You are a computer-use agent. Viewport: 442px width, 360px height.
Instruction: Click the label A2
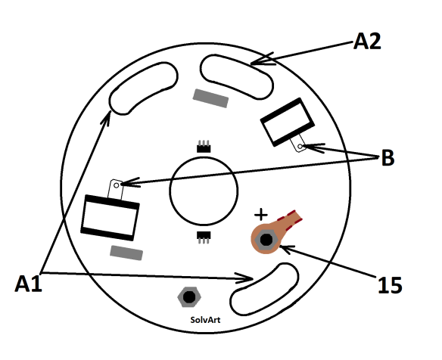coord(367,42)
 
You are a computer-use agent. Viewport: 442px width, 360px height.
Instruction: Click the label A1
coord(29,284)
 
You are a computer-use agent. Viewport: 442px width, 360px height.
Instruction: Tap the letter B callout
coord(388,157)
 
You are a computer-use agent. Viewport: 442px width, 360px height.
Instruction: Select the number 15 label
coord(390,285)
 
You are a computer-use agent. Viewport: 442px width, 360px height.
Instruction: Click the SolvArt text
coord(205,320)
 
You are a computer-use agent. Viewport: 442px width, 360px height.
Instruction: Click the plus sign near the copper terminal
coord(261,214)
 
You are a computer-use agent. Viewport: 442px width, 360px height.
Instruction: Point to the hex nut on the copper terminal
coord(266,240)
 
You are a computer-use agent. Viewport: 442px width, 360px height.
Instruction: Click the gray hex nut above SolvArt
coord(189,296)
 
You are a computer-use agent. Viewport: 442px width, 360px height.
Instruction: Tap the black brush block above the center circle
coord(204,147)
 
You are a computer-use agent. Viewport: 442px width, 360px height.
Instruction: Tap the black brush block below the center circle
coord(204,237)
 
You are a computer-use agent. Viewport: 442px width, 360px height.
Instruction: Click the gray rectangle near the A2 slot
coord(210,98)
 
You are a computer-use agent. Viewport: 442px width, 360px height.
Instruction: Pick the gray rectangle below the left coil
coord(126,253)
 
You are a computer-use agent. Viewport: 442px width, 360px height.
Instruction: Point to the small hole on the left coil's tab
coord(116,185)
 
